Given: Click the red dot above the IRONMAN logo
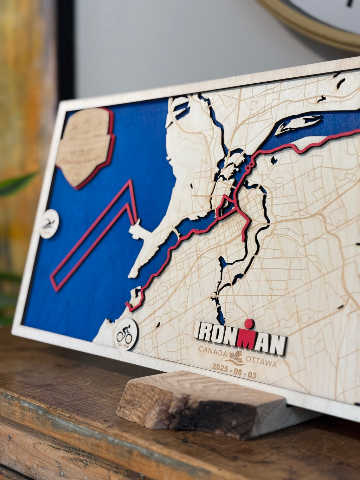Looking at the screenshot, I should click(x=249, y=324).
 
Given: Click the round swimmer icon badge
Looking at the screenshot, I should click(x=49, y=224).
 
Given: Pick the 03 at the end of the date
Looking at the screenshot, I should click(x=251, y=375).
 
